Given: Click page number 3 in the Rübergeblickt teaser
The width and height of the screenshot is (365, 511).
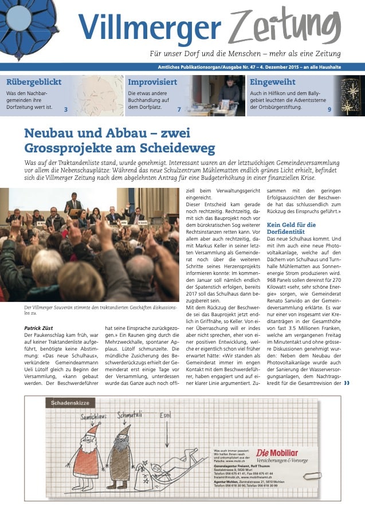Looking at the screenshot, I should [66, 109].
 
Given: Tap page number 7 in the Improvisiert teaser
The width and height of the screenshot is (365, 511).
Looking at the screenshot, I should [179, 109].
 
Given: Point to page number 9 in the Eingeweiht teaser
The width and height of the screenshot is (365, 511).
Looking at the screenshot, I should [329, 109].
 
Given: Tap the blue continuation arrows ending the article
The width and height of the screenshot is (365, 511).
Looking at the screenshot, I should [346, 383].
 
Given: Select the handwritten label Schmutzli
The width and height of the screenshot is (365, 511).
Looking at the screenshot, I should [130, 414].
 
